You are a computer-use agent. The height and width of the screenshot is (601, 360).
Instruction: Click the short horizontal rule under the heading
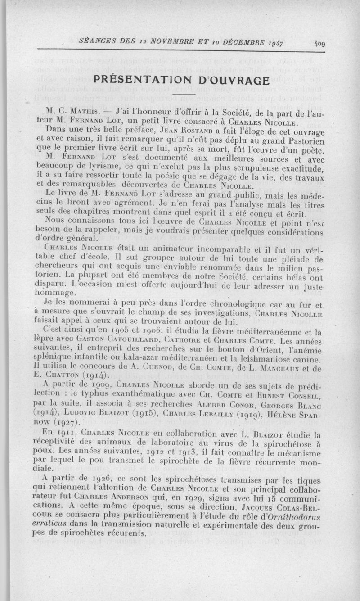click(x=184, y=94)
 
